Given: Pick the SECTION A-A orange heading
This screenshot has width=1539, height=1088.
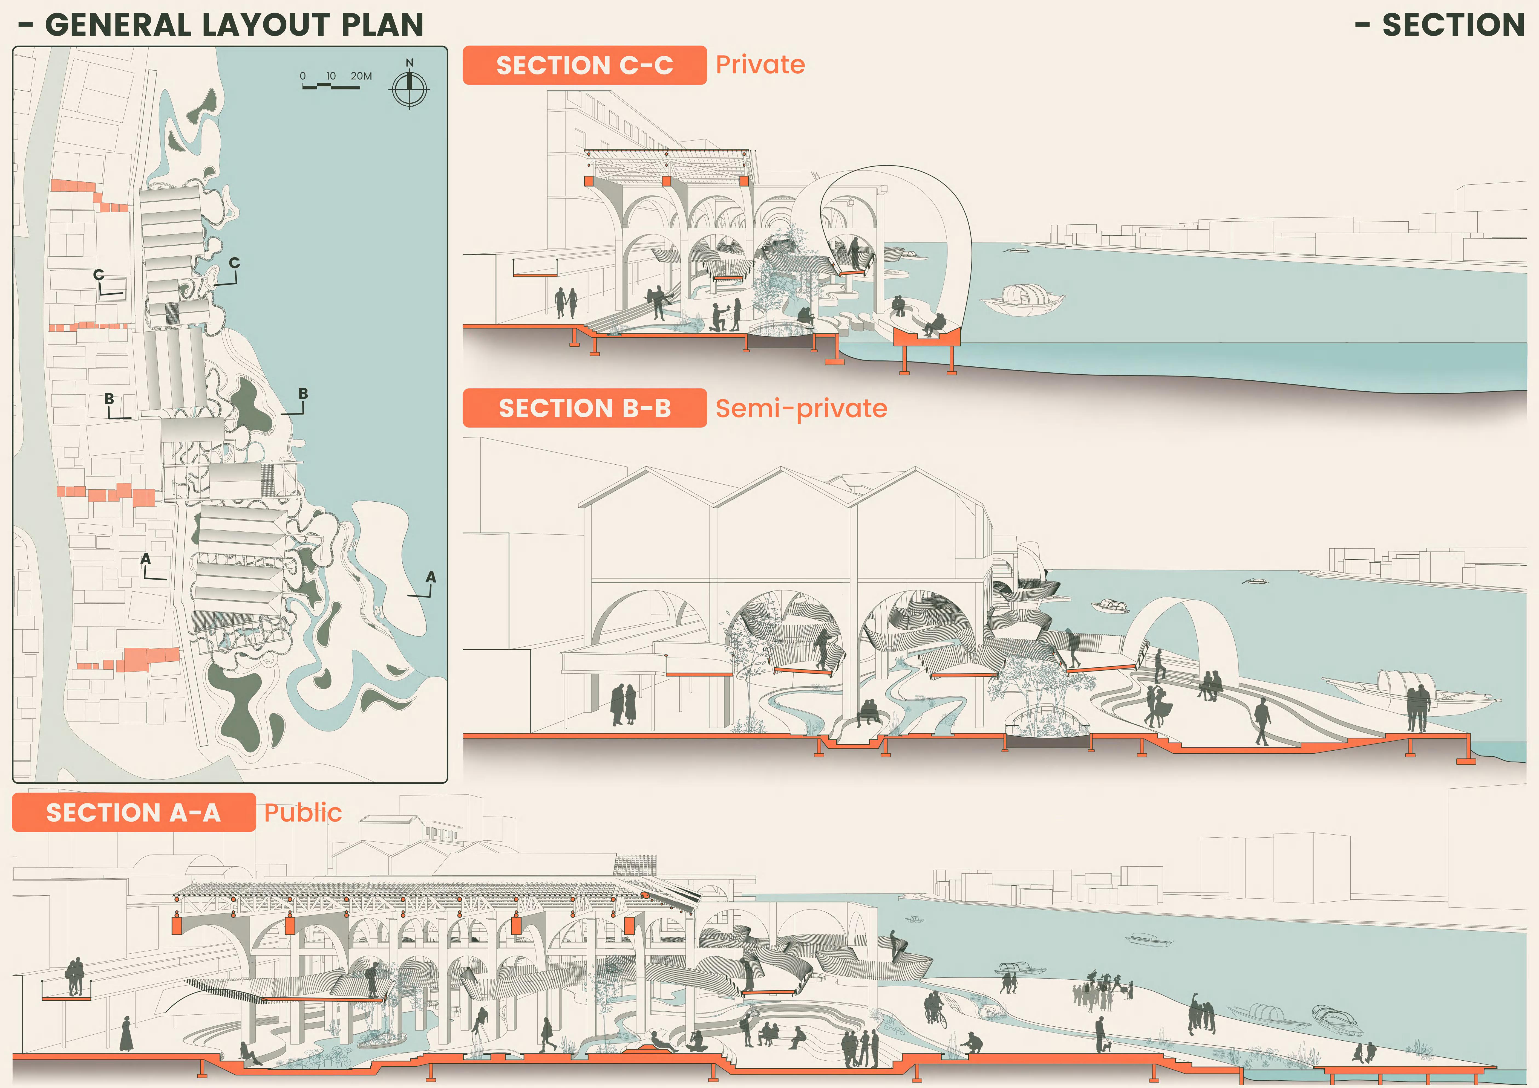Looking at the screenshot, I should (x=133, y=813).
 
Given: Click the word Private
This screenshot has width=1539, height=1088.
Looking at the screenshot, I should (x=760, y=65).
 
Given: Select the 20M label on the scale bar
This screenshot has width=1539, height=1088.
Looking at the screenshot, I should (x=361, y=76).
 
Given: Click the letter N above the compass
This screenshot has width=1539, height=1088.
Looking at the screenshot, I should (x=410, y=62).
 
